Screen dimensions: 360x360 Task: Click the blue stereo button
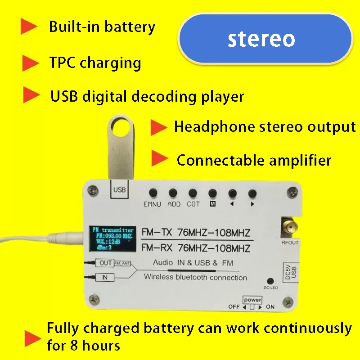265,39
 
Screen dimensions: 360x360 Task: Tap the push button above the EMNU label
153,192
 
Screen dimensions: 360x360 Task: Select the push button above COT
193,192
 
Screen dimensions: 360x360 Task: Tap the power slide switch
252,307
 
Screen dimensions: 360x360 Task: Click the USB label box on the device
120,190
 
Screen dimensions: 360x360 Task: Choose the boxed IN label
105,277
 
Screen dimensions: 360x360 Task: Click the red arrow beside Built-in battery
29,27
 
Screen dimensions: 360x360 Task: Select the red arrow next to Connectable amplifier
159,158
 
